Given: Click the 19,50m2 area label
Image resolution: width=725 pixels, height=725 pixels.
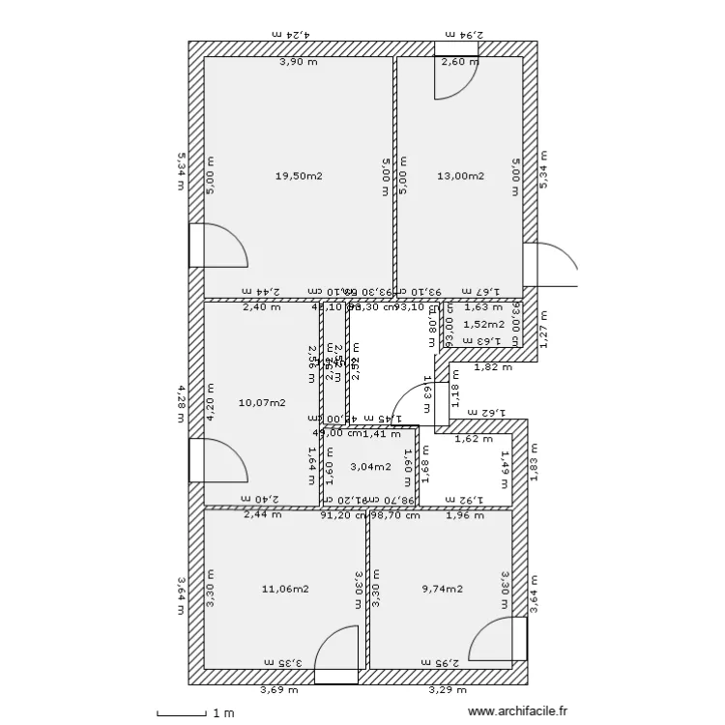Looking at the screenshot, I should tap(298, 176).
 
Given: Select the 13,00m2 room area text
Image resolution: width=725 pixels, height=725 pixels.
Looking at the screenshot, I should tap(460, 176).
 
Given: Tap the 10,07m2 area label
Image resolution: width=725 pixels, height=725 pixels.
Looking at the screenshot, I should tap(261, 402).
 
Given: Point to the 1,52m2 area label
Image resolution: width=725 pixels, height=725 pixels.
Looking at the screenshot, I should tap(483, 325).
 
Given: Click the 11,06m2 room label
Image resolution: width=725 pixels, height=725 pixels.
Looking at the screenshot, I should tap(285, 588).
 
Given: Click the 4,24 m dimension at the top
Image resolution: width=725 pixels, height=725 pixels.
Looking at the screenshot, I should tap(290, 34).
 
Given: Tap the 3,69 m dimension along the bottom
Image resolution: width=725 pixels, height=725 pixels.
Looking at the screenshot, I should tap(278, 690).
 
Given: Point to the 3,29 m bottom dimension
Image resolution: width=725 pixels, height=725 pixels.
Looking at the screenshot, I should tap(448, 690).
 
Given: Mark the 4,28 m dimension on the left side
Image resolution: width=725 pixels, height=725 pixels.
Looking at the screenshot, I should tap(181, 403).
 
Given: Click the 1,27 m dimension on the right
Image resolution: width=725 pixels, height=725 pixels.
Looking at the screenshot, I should tap(543, 329).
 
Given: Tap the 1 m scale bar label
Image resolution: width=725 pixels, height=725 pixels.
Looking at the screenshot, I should tap(223, 713).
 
